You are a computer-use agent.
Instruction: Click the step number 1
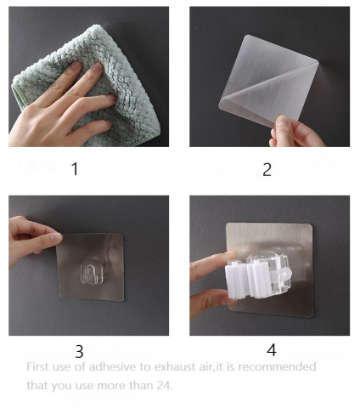click(75, 169)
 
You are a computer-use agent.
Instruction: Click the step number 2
click(267, 170)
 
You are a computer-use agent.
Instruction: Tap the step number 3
click(79, 351)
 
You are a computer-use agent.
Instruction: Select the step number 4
click(272, 350)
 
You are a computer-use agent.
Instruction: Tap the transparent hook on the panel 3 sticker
click(91, 273)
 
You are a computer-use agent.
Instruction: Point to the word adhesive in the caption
click(112, 366)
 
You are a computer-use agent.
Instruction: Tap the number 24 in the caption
click(164, 385)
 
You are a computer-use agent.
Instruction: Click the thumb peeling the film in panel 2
click(283, 126)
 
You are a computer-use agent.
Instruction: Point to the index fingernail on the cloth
click(98, 67)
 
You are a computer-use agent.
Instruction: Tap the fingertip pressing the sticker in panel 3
click(55, 237)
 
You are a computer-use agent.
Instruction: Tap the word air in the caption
click(205, 367)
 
